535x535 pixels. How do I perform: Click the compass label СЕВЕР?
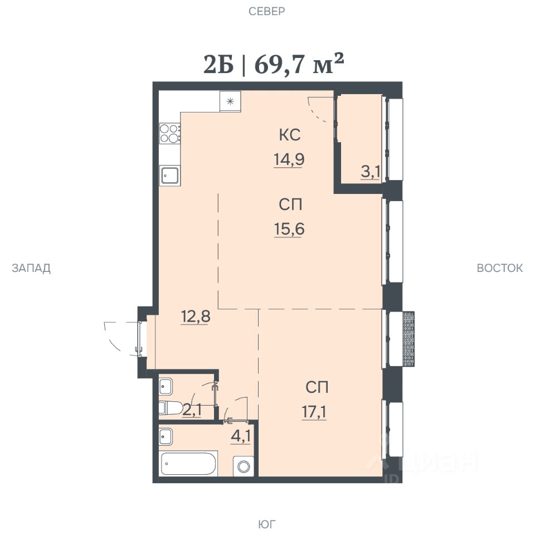tap(266, 11)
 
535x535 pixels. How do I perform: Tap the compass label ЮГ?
tap(267, 523)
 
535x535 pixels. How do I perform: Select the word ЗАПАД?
tap(31, 268)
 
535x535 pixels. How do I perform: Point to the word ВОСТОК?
tap(499, 268)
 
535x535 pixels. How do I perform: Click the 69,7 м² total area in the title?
tap(299, 64)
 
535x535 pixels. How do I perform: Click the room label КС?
tap(290, 135)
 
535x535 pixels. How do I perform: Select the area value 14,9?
tap(289, 159)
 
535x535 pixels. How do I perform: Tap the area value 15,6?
tap(289, 229)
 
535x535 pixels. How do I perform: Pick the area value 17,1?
tap(314, 412)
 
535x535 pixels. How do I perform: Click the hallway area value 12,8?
tap(195, 317)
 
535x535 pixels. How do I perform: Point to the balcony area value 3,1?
tap(371, 172)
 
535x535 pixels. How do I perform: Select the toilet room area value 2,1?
tap(192, 410)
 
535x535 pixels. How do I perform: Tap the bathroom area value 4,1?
tap(241, 436)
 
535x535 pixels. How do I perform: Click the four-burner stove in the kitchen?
tap(170, 133)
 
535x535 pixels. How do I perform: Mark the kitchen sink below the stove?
tap(170, 176)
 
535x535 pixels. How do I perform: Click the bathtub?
tap(189, 463)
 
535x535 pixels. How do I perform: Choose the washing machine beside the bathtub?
tap(244, 466)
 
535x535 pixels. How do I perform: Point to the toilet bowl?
tap(171, 408)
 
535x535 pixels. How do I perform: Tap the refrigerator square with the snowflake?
tap(230, 101)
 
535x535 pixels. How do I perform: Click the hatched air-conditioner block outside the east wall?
tap(408, 339)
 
